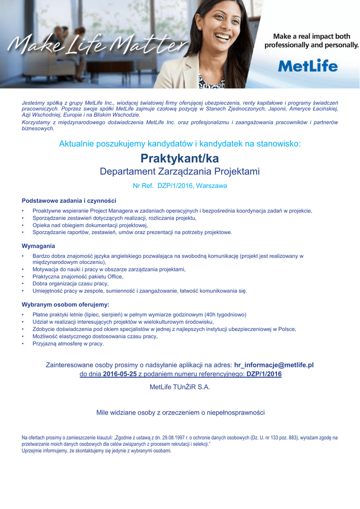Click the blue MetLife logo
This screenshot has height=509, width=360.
308,66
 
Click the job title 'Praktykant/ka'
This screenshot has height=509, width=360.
180,159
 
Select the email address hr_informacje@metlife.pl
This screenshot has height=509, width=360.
273,365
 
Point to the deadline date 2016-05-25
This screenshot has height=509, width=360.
120,374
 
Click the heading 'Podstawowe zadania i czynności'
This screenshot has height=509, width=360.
69,201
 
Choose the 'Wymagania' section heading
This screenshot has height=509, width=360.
38,246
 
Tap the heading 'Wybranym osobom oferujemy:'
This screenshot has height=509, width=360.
65,304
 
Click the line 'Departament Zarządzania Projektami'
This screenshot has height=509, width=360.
180,172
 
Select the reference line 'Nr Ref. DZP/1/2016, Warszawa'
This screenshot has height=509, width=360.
180,186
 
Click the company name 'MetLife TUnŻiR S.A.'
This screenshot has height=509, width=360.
180,387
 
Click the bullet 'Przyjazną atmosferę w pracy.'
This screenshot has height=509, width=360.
68,343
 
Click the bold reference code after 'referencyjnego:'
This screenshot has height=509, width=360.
264,374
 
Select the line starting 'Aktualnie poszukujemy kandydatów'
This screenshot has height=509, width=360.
180,144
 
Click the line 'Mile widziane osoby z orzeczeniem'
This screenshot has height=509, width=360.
180,413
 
